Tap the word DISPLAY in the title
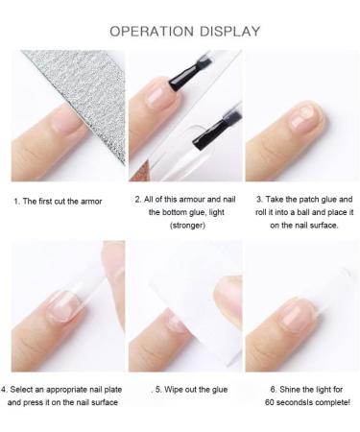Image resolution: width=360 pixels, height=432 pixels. pyautogui.click(x=228, y=31)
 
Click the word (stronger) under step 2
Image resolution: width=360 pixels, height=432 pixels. pyautogui.click(x=180, y=225)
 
